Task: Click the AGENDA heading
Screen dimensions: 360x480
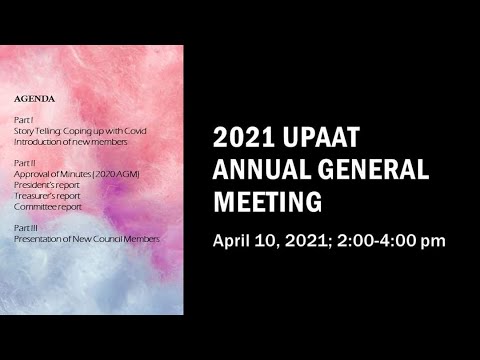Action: (x=34, y=99)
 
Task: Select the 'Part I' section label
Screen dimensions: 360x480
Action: (x=22, y=120)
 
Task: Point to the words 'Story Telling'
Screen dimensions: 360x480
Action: (x=36, y=131)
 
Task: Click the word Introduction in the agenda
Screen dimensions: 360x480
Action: (x=36, y=141)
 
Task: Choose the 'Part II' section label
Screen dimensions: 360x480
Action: (x=23, y=162)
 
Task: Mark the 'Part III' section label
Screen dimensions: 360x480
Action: (x=25, y=228)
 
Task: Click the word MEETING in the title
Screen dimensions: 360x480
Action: (x=268, y=202)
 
